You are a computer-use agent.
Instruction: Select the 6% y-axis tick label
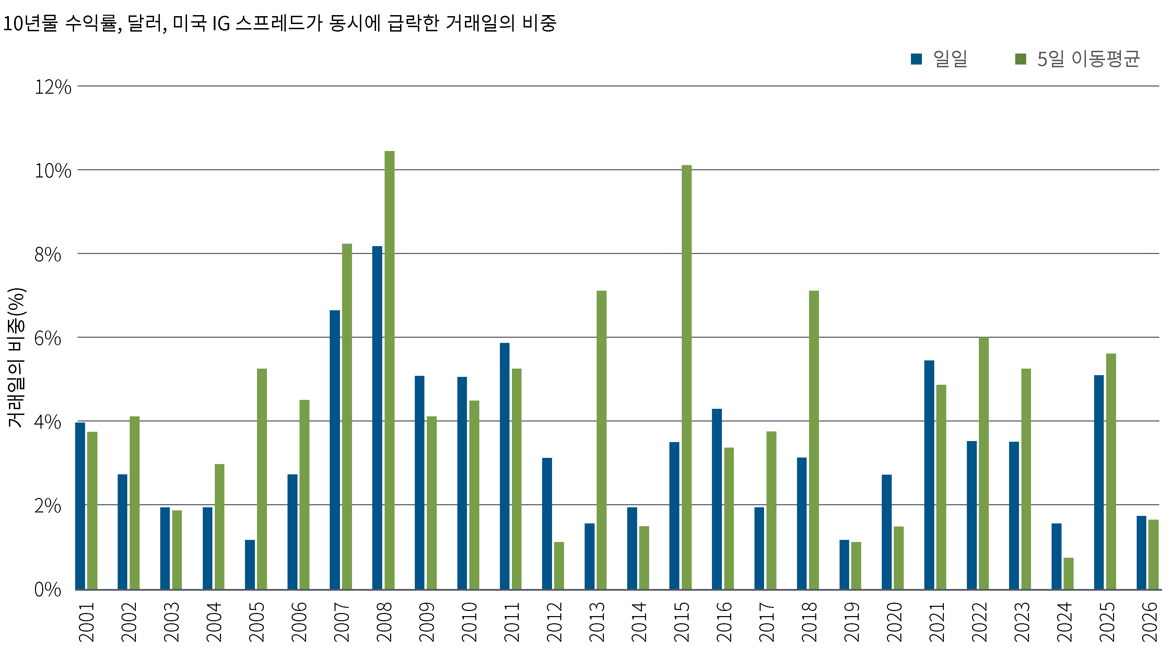pos(48,339)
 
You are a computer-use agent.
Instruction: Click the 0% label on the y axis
pos(48,590)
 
